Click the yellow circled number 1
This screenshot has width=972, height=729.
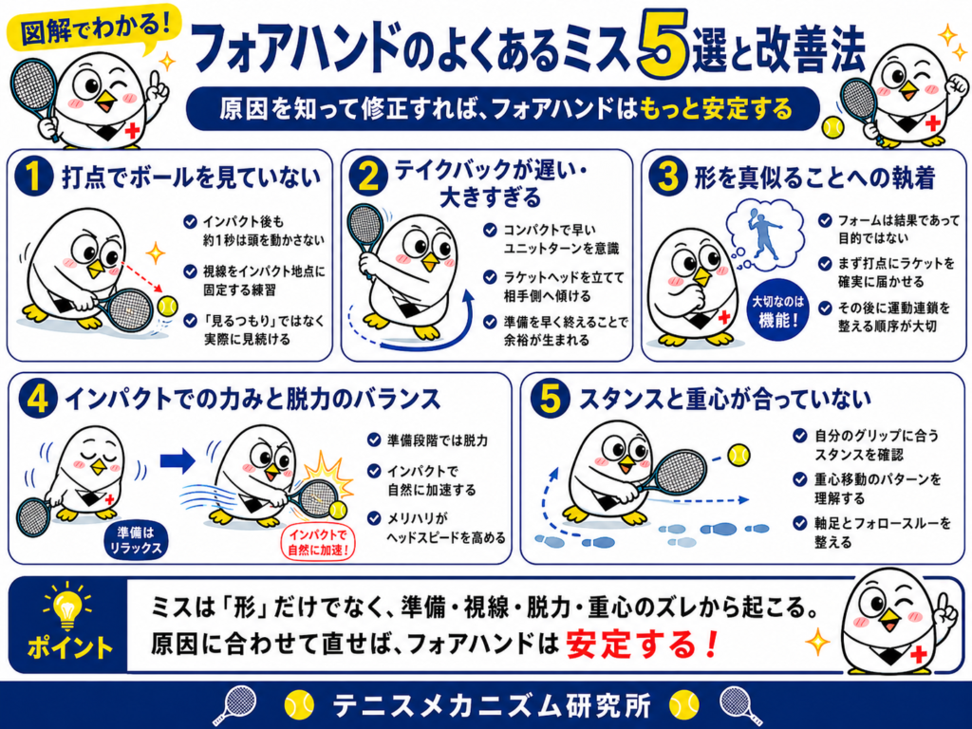pyautogui.click(x=33, y=176)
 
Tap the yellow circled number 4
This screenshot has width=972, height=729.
pyautogui.click(x=37, y=399)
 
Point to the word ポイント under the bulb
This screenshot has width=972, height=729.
pyautogui.click(x=69, y=648)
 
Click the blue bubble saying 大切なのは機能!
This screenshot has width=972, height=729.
pyautogui.click(x=778, y=310)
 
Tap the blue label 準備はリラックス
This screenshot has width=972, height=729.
pyautogui.click(x=136, y=541)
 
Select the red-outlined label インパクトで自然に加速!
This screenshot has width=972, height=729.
pyautogui.click(x=319, y=542)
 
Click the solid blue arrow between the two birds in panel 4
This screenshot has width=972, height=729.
pyautogui.click(x=178, y=460)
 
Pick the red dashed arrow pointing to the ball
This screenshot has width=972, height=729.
pyautogui.click(x=141, y=276)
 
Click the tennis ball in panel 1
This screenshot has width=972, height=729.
pyautogui.click(x=167, y=306)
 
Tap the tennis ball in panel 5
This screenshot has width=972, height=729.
pyautogui.click(x=738, y=456)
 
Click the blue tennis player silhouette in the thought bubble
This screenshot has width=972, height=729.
pyautogui.click(x=764, y=233)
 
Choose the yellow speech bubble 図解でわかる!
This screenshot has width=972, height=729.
pyautogui.click(x=94, y=28)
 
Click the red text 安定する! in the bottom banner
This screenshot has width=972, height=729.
pyautogui.click(x=642, y=645)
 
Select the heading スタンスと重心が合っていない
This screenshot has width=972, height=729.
pyautogui.click(x=724, y=400)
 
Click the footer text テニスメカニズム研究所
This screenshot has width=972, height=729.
pyautogui.click(x=492, y=705)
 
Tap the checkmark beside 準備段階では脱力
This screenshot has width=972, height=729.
pyautogui.click(x=374, y=439)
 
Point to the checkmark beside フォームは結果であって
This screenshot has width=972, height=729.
pyautogui.click(x=825, y=220)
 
